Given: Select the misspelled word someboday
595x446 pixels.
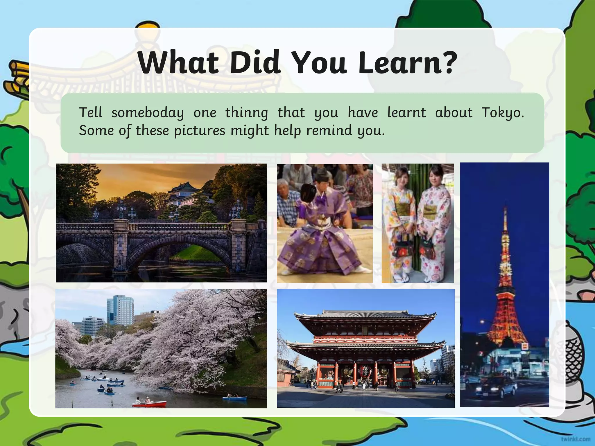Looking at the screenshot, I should click(x=148, y=113).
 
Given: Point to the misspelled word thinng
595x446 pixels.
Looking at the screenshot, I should click(x=247, y=113).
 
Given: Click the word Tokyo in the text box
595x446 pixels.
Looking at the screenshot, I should click(x=502, y=113).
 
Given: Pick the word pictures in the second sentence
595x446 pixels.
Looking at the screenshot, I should click(x=200, y=130).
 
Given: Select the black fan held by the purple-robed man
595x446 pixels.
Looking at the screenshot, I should click(x=309, y=193).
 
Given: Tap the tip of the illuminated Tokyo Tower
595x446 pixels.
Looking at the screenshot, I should click(x=505, y=208).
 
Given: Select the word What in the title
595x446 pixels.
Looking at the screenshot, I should click(x=178, y=63).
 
